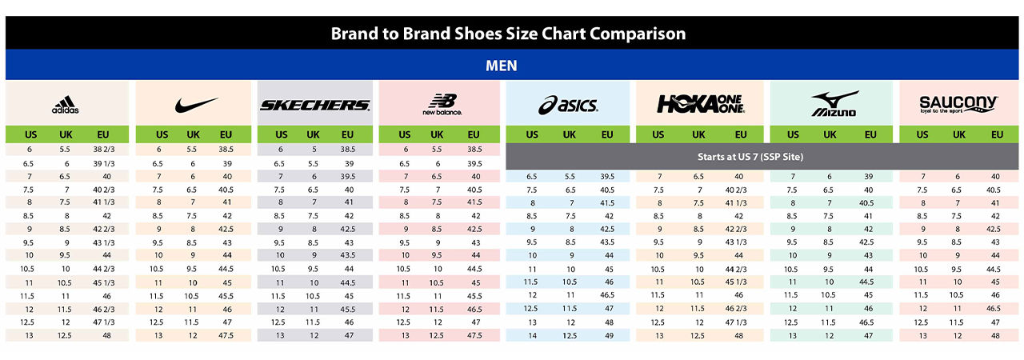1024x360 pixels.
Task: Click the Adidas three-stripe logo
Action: [x=65, y=105]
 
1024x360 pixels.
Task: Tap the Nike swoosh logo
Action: [x=195, y=105]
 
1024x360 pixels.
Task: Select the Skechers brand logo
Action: [x=314, y=105]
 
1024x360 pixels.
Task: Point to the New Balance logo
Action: [x=441, y=105]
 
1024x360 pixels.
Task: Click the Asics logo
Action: [x=568, y=105]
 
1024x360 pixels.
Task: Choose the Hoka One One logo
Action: [x=700, y=104]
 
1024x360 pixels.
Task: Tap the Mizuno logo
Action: [x=833, y=104]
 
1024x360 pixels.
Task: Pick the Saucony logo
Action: [x=958, y=104]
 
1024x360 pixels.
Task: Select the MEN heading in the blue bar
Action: [x=501, y=66]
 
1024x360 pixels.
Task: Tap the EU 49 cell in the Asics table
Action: [x=608, y=336]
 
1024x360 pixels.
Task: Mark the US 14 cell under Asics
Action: [x=531, y=336]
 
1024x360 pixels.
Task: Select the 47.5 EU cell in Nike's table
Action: [x=226, y=336]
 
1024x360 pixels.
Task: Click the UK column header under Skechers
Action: [x=313, y=134]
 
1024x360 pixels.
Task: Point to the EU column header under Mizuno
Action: [x=869, y=134]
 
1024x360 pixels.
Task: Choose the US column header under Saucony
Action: [x=922, y=134]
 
